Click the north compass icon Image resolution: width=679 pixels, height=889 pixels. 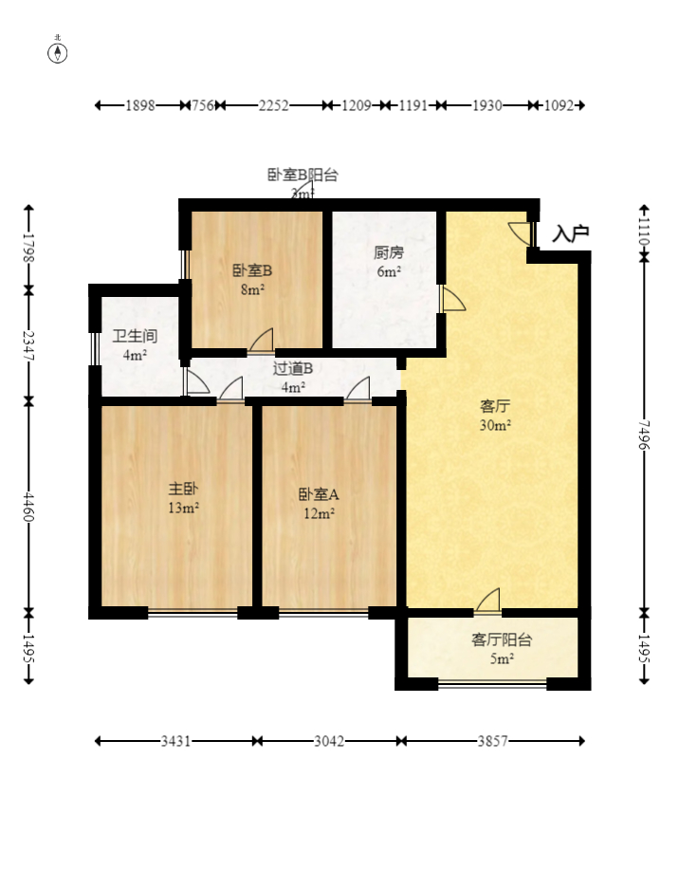58,52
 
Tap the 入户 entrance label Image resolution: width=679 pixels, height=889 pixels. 571,233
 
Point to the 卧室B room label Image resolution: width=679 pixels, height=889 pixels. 252,269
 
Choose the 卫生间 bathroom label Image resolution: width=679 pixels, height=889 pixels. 134,336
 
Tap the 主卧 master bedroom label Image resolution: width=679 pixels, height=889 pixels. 183,489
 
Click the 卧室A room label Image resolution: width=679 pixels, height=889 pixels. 318,494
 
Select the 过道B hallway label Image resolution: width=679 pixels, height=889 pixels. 292,368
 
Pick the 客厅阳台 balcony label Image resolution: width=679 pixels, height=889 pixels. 502,639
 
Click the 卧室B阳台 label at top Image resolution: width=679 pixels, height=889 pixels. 302,175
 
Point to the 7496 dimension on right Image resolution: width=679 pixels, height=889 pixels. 645,435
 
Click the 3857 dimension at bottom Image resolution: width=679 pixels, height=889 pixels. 492,741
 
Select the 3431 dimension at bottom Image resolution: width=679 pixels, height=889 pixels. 176,741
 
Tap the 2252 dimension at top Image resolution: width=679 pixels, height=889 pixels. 273,105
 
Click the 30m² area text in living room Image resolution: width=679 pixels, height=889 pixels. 495,426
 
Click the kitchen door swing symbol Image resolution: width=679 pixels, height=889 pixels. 452,299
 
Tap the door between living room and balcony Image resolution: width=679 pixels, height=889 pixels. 488,602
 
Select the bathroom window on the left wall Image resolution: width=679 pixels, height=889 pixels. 94,348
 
